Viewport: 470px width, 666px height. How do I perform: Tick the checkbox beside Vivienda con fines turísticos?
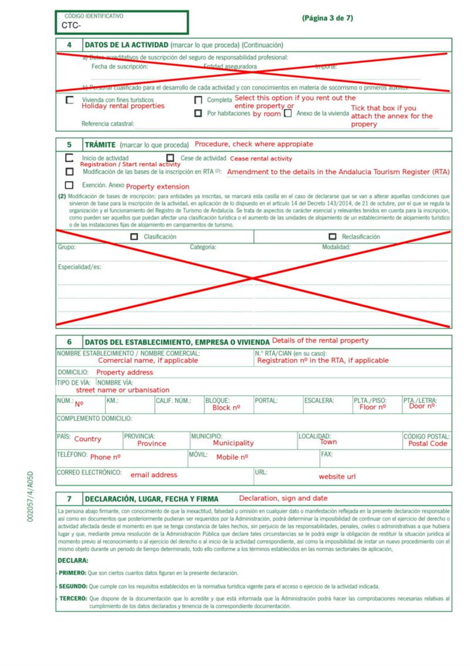tap(70, 101)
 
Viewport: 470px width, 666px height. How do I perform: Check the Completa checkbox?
tap(198, 100)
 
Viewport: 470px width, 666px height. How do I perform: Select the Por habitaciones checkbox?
tap(198, 113)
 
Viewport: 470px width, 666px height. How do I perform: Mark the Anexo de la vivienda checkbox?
tap(288, 114)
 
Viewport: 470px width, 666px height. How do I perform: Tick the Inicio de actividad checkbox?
tap(70, 158)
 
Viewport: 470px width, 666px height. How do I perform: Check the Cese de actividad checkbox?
tap(170, 158)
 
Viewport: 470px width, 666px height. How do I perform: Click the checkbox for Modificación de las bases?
tap(70, 172)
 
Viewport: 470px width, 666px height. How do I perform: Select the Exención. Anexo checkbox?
tap(70, 185)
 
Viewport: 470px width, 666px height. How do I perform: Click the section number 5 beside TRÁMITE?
tap(69, 144)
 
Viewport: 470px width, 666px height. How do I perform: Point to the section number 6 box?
tap(69, 342)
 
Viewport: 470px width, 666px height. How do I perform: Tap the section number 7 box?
tap(69, 498)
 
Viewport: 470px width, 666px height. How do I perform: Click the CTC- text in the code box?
tap(71, 26)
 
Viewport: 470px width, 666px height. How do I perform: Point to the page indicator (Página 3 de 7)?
tap(327, 18)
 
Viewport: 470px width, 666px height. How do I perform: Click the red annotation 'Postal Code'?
tap(428, 444)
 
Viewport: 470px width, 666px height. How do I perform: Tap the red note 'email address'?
tap(153, 475)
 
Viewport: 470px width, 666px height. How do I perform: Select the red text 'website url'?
tap(337, 477)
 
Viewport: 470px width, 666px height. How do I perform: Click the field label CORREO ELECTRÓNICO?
tap(89, 472)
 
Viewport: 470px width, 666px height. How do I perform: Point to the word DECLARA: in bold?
tap(73, 561)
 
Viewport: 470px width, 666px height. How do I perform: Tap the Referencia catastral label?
tap(108, 124)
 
